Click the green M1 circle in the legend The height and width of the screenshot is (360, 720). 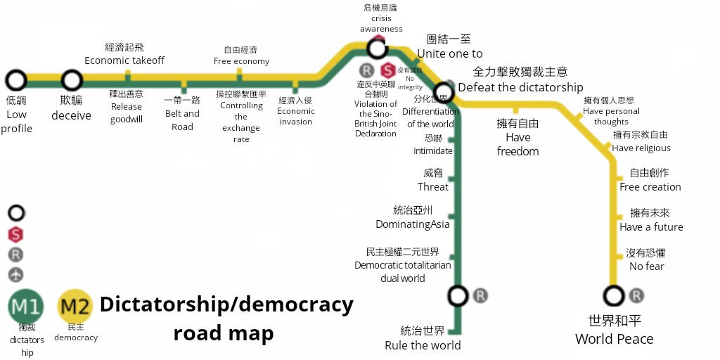point(26,307)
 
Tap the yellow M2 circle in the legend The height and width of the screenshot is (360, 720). point(75,307)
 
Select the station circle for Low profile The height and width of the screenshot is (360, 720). point(16,80)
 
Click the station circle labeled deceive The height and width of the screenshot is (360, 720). point(71,80)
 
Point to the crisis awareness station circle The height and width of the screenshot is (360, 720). point(378,48)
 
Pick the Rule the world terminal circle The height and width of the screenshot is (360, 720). point(458,296)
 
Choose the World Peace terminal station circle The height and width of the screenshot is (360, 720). point(614,296)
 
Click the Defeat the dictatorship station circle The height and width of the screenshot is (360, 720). point(443,91)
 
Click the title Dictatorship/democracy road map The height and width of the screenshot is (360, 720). point(226,318)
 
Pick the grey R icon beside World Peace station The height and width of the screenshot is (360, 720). point(636,296)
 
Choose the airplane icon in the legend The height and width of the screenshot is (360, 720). point(16,274)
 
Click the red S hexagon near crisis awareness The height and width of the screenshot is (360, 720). point(386,70)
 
